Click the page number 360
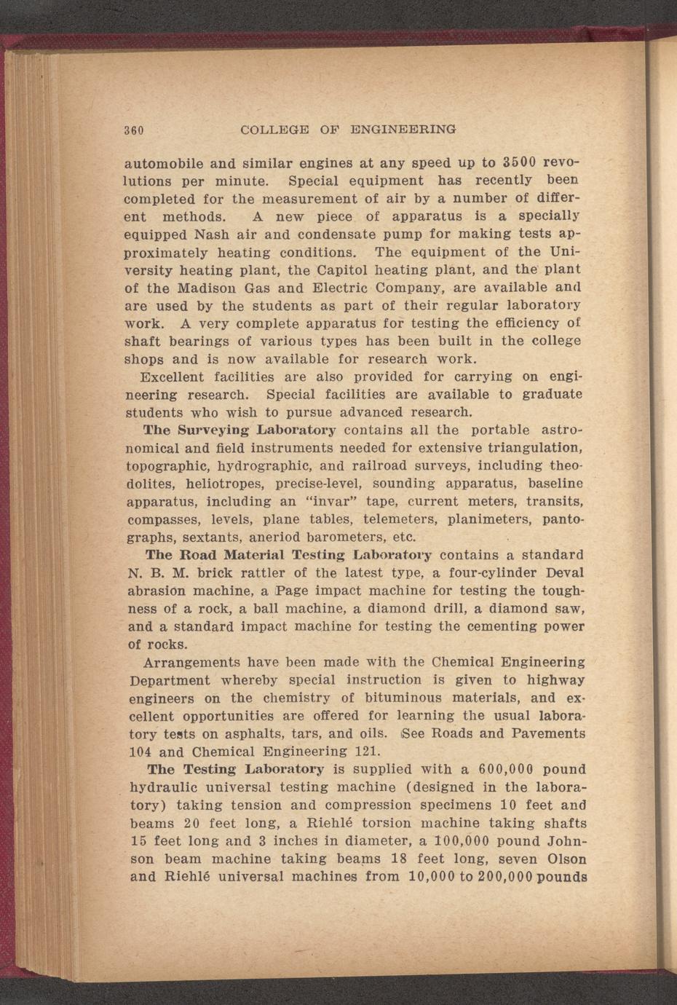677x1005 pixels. [x=134, y=131]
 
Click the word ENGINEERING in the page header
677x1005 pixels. [x=403, y=130]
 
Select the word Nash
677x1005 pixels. [x=213, y=234]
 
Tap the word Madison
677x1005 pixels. [x=210, y=288]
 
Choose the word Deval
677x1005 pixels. [x=563, y=573]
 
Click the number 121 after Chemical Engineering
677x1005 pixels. [x=365, y=752]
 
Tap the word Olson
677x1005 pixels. [x=566, y=859]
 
